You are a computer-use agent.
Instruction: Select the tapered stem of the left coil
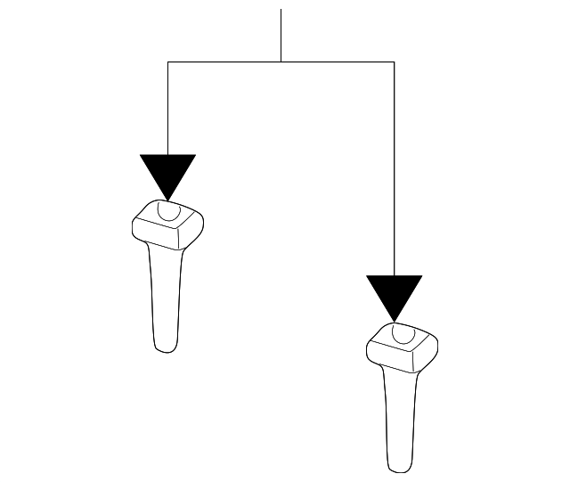[x=167, y=294]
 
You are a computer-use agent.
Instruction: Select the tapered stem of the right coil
[x=401, y=414]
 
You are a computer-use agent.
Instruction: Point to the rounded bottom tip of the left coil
[x=165, y=348]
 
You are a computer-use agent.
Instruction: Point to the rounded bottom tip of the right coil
[x=400, y=469]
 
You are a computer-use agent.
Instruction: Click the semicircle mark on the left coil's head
[x=167, y=211]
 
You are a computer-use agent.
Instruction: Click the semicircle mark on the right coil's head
[x=403, y=332]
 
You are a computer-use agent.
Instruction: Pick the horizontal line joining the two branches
[x=281, y=61]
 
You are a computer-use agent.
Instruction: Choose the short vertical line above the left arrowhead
[x=167, y=107]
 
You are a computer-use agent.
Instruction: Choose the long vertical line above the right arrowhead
[x=394, y=169]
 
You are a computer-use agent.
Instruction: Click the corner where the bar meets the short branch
[x=167, y=61]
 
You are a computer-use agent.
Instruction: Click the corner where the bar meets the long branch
[x=394, y=61]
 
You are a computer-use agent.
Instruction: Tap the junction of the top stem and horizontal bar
[x=281, y=61]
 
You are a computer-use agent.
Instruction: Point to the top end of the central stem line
[x=281, y=10]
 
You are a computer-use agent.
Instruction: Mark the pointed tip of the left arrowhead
[x=167, y=200]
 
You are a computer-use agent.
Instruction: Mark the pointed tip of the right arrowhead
[x=394, y=321]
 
